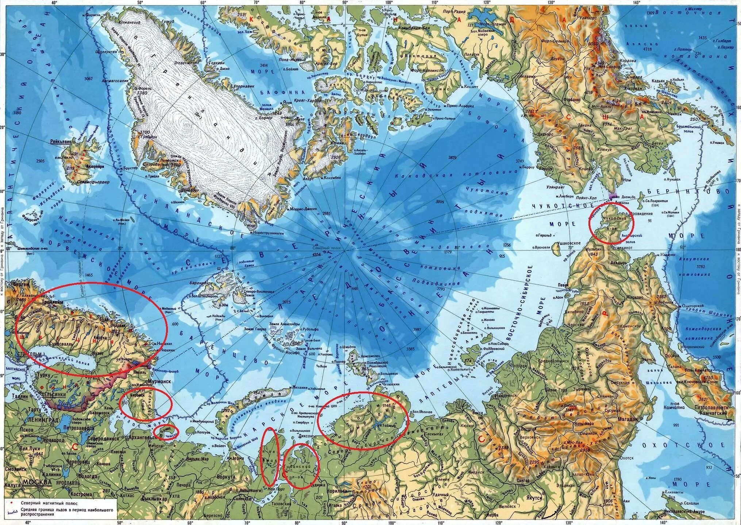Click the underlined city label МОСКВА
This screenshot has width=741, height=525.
pos(37,482)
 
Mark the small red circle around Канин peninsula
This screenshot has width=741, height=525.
pos(166,433)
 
